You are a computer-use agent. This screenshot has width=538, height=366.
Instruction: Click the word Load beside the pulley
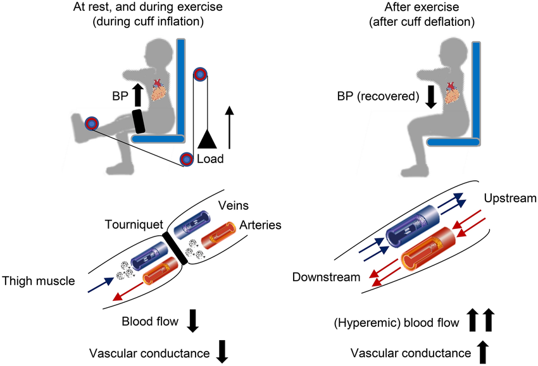(x=210, y=159)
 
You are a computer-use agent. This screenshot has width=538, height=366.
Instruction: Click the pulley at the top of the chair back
(x=200, y=75)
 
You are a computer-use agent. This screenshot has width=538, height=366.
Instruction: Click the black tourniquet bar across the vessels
(x=175, y=248)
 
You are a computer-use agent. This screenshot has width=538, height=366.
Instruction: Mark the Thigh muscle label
(x=37, y=280)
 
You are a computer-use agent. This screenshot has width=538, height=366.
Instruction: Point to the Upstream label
(x=510, y=199)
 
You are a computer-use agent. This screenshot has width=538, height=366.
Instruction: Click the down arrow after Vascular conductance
(x=222, y=351)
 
